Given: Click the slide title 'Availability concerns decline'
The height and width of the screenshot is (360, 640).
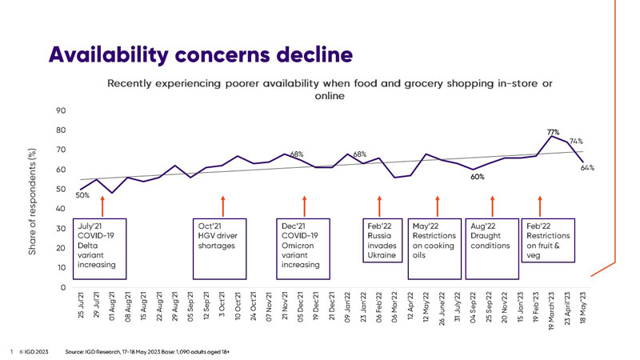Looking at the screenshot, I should click(200, 54).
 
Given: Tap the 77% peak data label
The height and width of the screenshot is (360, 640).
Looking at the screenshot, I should click(553, 131).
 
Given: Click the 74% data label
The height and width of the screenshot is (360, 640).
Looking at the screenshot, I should click(576, 141).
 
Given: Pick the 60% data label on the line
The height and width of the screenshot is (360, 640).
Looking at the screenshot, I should click(478, 177).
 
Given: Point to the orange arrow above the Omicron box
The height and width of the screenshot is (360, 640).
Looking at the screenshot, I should click(304, 206).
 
